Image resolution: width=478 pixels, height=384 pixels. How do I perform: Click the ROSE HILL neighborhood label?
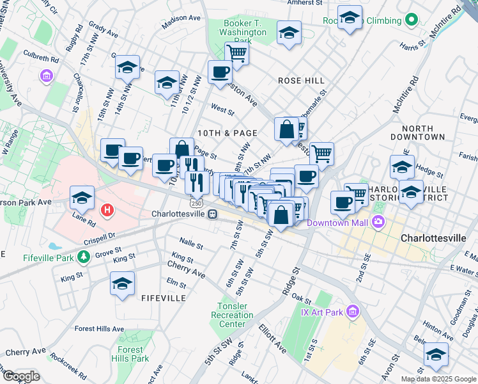point(301,81)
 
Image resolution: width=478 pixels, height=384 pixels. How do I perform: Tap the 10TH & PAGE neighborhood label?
point(227,133)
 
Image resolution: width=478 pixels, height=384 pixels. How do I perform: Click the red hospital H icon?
point(107,209)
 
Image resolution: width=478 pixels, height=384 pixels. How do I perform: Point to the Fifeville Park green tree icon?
point(83,257)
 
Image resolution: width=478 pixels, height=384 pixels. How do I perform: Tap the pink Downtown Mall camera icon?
point(379,222)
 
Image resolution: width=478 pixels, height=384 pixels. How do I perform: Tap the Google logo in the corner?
point(21,376)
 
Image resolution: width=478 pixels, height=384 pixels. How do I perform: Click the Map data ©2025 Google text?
point(438,379)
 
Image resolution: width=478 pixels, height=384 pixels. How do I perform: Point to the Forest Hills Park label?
point(131,354)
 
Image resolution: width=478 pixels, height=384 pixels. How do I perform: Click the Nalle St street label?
point(191,244)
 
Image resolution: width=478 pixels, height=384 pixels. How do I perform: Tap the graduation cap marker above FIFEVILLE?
point(123,284)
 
